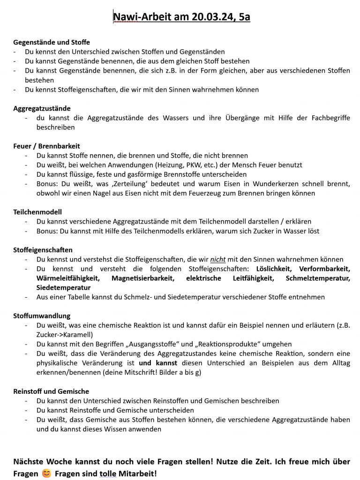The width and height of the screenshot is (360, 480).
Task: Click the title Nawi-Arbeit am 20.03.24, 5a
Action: coord(181,17)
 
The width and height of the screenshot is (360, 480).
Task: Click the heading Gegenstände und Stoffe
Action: coord(52,42)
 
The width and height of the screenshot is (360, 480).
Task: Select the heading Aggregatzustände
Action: coord(42,108)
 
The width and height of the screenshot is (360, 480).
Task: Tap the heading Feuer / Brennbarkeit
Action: coord(46,146)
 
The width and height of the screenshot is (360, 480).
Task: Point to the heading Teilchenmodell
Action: coord(37,212)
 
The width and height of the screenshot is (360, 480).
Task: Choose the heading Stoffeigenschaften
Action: coord(43,250)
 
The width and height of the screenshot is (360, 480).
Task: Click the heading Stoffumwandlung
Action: coord(42,316)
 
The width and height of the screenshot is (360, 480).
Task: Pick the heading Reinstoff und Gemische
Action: coord(51,391)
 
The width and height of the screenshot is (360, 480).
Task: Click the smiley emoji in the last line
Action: coord(46,473)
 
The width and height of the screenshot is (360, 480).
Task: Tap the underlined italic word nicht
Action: coord(218,259)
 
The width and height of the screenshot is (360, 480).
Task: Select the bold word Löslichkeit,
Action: coord(274,269)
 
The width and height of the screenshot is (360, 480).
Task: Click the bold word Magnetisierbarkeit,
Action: coord(143,278)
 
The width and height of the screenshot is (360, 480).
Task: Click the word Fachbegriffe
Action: coord(330,118)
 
